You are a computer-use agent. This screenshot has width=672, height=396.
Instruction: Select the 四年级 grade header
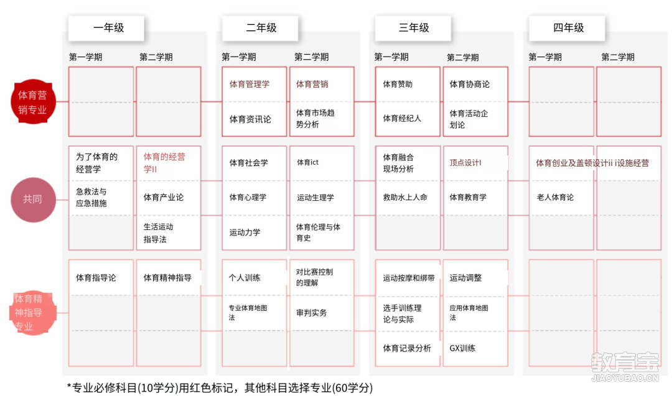(567, 28)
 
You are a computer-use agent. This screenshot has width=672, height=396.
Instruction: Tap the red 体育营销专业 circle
(33, 102)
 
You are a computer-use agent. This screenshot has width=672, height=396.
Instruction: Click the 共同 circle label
(33, 200)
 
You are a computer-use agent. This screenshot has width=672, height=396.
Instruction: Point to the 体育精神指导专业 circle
(32, 313)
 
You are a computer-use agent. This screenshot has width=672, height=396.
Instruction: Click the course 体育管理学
(250, 85)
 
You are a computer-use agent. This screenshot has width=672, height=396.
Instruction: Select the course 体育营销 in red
(312, 85)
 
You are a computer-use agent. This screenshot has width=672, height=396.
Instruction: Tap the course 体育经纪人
(402, 119)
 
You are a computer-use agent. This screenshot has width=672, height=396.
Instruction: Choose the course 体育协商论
(469, 85)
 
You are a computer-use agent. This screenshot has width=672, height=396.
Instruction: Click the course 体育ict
(308, 162)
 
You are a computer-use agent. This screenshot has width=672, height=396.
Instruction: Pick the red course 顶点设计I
(465, 163)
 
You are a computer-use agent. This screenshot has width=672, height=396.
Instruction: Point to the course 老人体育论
(555, 197)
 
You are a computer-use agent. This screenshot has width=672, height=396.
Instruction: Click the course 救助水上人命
(405, 197)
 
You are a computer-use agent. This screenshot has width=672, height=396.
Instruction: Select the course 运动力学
(245, 233)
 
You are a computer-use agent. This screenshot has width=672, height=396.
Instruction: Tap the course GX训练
(462, 348)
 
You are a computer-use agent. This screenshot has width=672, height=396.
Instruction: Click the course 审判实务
(312, 313)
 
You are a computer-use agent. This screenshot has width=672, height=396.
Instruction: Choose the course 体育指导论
(96, 278)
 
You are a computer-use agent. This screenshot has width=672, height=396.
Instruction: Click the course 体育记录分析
(407, 349)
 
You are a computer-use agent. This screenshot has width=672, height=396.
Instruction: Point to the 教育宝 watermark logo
(625, 366)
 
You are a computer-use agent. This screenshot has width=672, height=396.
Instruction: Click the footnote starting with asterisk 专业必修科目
(220, 388)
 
